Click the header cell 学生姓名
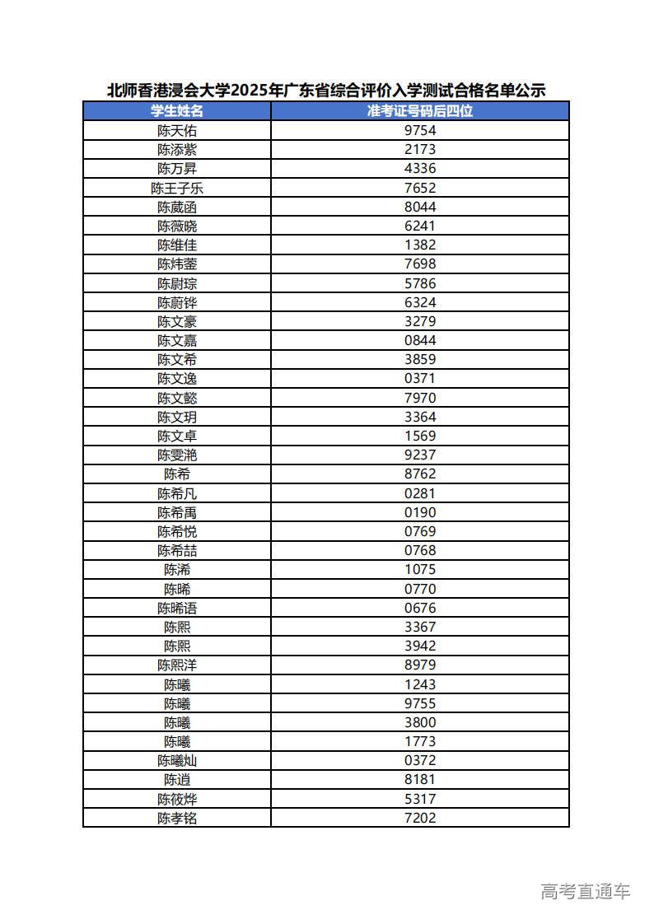click(177, 111)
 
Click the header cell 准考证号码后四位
click(420, 111)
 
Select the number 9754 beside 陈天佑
click(420, 130)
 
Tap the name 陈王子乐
click(177, 188)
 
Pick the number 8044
click(420, 207)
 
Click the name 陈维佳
click(177, 245)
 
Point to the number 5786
click(420, 283)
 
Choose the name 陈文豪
click(177, 321)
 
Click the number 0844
click(420, 340)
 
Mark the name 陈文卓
click(177, 436)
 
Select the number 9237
click(420, 455)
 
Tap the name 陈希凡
click(177, 493)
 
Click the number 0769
click(420, 531)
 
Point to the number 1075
click(420, 569)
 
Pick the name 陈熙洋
click(177, 665)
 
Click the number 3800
click(420, 722)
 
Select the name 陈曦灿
click(177, 760)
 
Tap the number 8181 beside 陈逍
click(420, 779)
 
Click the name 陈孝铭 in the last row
click(177, 818)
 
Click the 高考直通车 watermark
click(586, 891)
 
